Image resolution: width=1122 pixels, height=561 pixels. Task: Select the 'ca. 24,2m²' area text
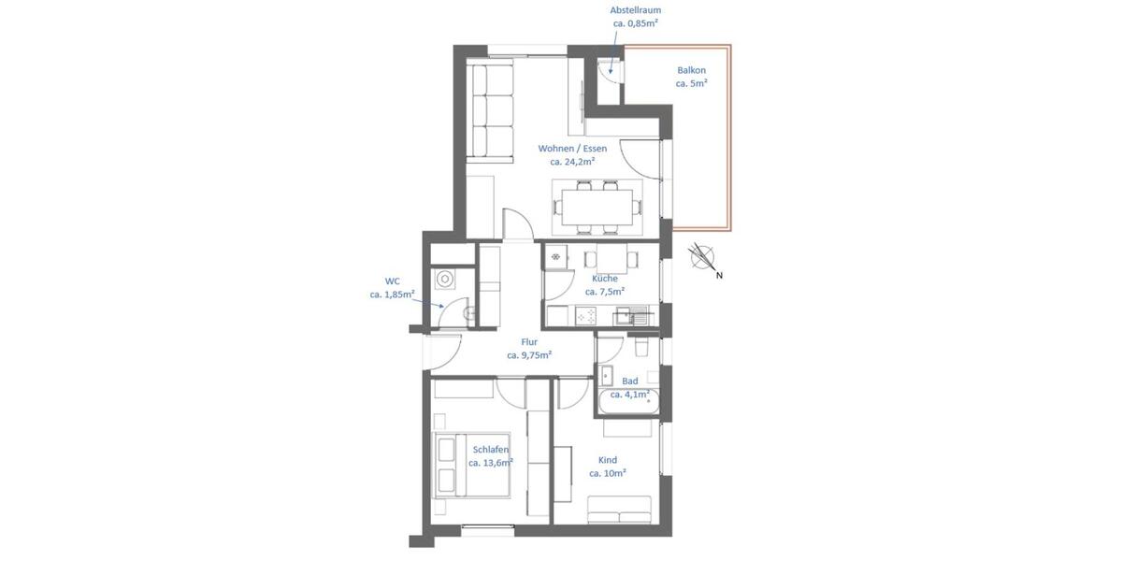pos(571,162)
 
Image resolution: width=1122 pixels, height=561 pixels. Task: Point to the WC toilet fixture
pos(445,279)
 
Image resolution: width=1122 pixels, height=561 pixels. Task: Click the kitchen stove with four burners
pos(586,317)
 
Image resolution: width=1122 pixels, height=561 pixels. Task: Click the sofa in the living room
pos(491,109)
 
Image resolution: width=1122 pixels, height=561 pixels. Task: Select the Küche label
pos(604,279)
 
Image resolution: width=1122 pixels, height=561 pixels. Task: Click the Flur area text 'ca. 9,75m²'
pos(528,355)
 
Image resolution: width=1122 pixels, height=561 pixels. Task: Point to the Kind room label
pos(607,460)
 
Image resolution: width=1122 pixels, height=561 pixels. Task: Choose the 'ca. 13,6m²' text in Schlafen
pos(491,463)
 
